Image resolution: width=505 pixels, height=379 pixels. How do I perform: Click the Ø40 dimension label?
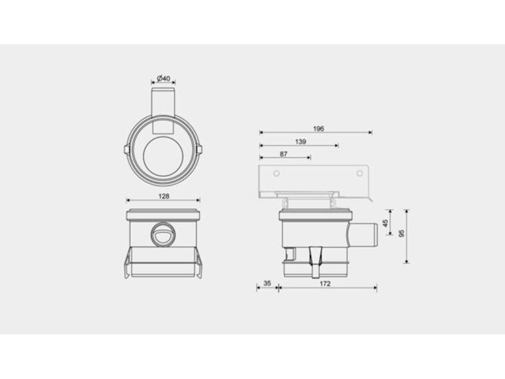tap(163, 78)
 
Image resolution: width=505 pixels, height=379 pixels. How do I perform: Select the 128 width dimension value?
tap(163, 196)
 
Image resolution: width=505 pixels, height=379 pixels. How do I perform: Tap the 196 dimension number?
tap(319, 129)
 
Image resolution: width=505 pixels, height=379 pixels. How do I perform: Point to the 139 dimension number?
tap(300, 141)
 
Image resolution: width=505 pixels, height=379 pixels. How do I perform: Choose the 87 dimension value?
tap(283, 154)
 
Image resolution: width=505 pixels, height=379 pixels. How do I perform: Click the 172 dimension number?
tap(325, 284)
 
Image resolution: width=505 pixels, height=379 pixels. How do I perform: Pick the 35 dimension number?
tap(267, 283)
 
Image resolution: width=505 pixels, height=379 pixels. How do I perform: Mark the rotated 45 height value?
tap(386, 223)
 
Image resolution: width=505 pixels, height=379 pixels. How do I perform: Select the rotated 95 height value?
tap(401, 234)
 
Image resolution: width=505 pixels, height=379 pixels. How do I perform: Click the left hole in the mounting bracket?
tap(276, 173)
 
